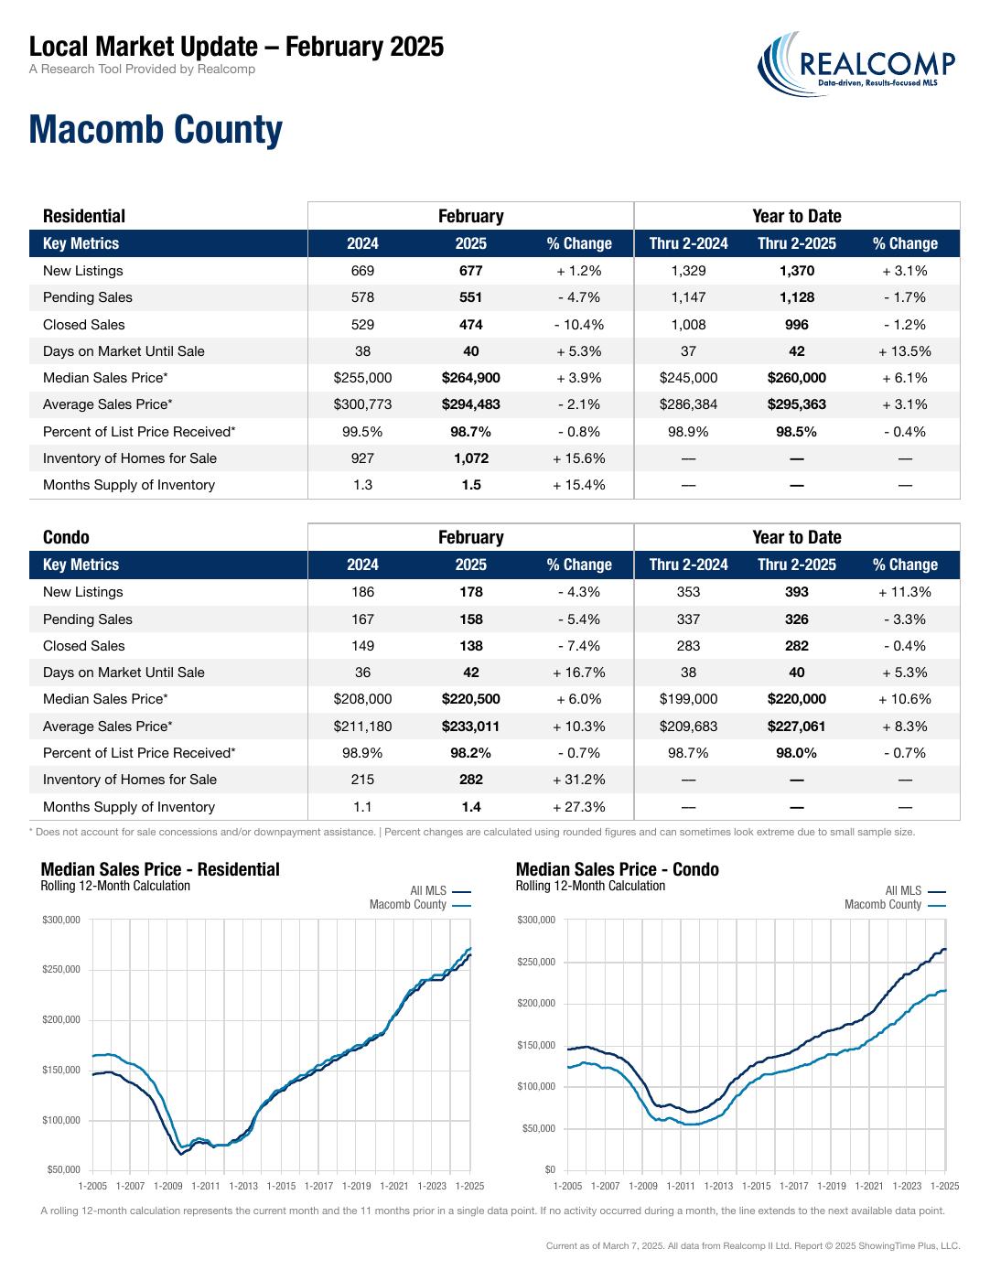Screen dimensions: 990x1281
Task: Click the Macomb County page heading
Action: (x=156, y=129)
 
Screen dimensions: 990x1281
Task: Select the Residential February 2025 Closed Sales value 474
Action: (x=471, y=324)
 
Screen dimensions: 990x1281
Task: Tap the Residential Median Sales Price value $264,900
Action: (x=471, y=377)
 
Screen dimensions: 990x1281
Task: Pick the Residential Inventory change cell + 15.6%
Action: (x=578, y=458)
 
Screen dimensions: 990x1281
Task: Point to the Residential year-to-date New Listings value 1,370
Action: (x=797, y=271)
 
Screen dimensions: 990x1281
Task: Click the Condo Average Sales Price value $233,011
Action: (x=471, y=726)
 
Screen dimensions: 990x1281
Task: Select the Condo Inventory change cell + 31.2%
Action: (x=578, y=780)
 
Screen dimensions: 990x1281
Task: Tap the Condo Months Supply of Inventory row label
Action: (x=128, y=806)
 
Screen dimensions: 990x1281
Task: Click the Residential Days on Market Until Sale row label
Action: (x=124, y=350)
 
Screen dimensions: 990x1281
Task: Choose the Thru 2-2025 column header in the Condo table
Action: (x=797, y=565)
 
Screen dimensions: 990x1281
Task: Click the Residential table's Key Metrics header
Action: (x=81, y=242)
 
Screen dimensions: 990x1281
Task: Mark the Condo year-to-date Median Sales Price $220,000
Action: (x=797, y=698)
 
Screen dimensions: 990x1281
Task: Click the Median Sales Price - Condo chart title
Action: (x=617, y=869)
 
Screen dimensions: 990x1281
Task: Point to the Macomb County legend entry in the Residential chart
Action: (x=420, y=904)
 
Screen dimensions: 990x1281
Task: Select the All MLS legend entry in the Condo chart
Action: (x=915, y=890)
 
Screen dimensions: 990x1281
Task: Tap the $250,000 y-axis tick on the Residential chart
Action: (x=61, y=969)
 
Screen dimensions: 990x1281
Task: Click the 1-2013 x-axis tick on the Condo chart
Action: (x=718, y=1186)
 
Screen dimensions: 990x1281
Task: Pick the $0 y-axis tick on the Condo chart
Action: (x=550, y=1169)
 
